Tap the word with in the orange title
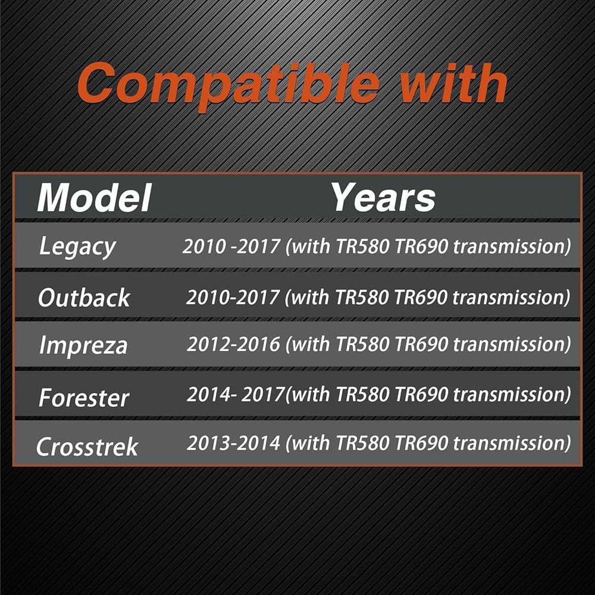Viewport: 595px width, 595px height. pos(454,83)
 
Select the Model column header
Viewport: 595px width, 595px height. pos(95,198)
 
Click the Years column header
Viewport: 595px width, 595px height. pos(384,198)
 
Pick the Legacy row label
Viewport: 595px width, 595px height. pos(77,247)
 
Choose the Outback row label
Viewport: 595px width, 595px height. pos(84,297)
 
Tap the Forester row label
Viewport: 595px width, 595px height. pos(84,397)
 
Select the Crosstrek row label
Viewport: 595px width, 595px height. pos(87,446)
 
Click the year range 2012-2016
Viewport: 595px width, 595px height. pos(233,344)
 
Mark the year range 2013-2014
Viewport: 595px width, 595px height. pos(233,443)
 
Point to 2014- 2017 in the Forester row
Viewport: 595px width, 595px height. pos(236,394)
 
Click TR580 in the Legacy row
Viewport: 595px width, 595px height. pos(363,246)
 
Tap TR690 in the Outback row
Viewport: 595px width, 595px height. pos(421,297)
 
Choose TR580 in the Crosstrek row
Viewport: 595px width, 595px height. pos(363,443)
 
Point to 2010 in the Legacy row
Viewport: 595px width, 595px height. pos(204,246)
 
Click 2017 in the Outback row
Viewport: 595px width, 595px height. pos(258,297)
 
